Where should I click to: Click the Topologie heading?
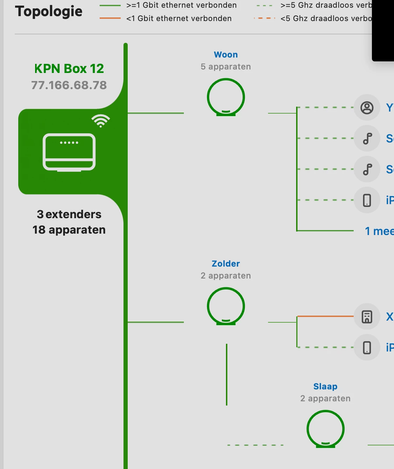49,12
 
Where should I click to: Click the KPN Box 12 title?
69,69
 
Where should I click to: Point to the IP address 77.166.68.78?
69,85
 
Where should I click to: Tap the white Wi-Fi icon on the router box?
101,121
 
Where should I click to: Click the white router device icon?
69,152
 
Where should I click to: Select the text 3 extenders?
69,214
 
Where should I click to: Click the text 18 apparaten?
69,230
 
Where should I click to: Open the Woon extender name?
226,55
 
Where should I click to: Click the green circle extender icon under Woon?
226,97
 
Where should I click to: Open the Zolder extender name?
226,264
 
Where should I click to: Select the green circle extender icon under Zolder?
226,306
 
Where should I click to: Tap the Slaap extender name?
325,387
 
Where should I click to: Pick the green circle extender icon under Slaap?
326,429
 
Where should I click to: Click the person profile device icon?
367,108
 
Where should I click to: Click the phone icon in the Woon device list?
367,200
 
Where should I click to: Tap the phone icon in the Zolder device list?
367,348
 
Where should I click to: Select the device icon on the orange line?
367,317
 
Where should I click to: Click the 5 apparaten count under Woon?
226,67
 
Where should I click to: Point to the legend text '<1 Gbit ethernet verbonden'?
179,19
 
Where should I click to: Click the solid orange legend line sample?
110,18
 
